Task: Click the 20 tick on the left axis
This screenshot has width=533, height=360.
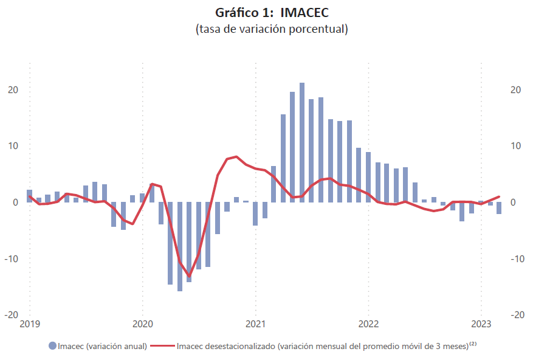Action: [13, 90]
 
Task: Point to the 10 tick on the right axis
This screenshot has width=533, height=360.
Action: [515, 146]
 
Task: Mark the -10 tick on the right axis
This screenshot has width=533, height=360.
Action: [517, 258]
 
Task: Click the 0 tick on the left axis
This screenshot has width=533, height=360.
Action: [16, 202]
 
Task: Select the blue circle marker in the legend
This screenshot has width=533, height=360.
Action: [52, 346]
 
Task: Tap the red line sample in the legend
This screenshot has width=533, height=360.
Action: [162, 346]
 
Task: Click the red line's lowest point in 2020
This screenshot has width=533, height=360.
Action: [189, 276]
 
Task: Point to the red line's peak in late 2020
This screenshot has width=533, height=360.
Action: [236, 156]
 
